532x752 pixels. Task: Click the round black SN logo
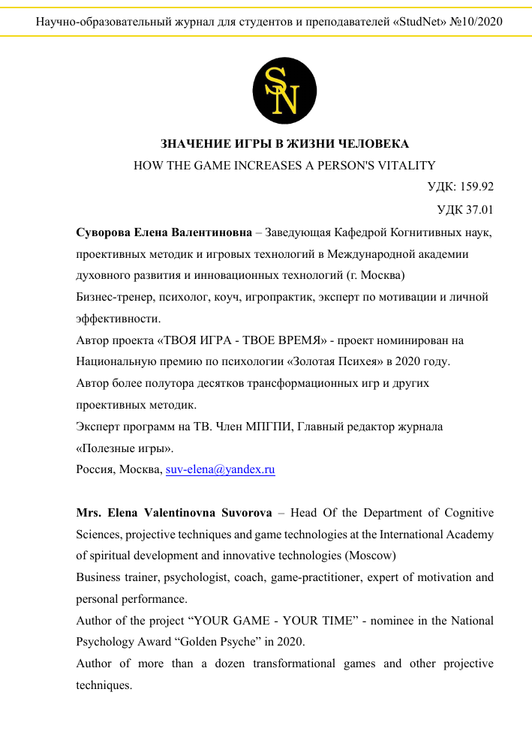[285, 92]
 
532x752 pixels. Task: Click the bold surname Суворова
[107, 233]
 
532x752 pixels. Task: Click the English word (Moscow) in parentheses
[371, 556]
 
